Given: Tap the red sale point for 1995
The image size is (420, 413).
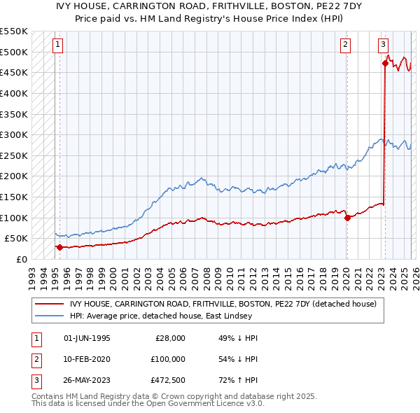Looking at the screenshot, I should point(59,247).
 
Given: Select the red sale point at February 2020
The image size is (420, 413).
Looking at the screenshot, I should point(347,218).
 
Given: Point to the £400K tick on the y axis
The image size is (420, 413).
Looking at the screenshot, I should point(13,93).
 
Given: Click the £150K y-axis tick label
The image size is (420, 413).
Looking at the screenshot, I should point(13,197).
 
